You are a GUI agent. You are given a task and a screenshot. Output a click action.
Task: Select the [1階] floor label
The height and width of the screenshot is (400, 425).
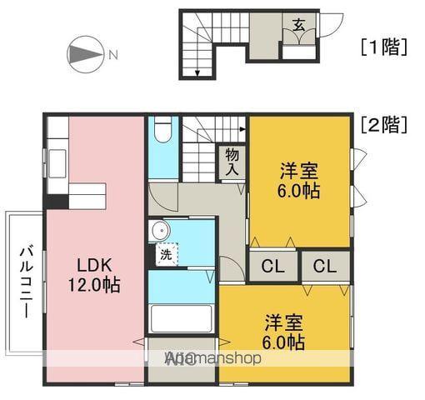point(383,47)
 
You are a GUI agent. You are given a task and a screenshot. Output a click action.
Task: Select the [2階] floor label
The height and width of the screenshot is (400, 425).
point(384,126)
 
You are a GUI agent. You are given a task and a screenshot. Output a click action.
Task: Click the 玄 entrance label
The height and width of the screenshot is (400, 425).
point(297,24)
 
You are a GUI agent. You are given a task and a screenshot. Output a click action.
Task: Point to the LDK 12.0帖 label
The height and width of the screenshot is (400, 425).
point(98,275)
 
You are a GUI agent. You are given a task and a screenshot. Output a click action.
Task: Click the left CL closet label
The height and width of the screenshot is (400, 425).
point(272,267)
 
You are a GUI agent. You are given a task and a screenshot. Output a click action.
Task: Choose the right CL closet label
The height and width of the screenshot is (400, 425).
point(325,267)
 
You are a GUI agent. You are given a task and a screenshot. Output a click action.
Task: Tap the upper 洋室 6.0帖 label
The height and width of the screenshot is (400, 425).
point(298,180)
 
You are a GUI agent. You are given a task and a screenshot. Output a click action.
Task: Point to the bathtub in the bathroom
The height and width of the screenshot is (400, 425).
point(181,319)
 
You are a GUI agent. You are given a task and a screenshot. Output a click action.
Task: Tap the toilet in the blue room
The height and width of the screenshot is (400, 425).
point(163,133)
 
